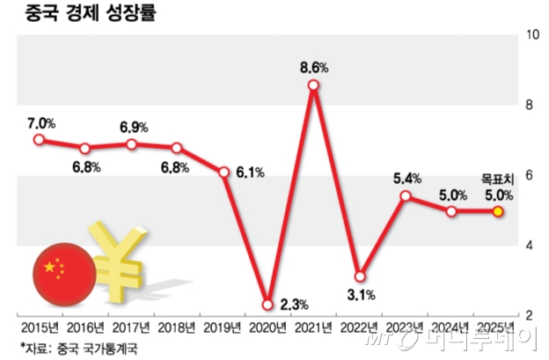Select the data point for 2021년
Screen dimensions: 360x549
point(314,85)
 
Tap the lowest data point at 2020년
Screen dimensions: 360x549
point(267,305)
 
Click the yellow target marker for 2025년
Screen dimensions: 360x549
point(498,211)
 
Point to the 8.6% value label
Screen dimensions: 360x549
point(314,67)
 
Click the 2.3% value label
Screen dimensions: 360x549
point(294,305)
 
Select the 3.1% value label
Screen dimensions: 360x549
point(361,294)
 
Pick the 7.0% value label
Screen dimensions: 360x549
point(39,121)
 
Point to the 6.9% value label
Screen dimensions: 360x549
point(134,127)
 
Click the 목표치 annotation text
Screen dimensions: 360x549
point(498,179)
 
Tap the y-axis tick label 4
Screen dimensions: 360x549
point(531,246)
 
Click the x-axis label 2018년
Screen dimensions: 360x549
point(176,327)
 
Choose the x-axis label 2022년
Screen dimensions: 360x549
point(360,327)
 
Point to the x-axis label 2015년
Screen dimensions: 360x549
point(39,327)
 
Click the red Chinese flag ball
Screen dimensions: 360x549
point(61,272)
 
